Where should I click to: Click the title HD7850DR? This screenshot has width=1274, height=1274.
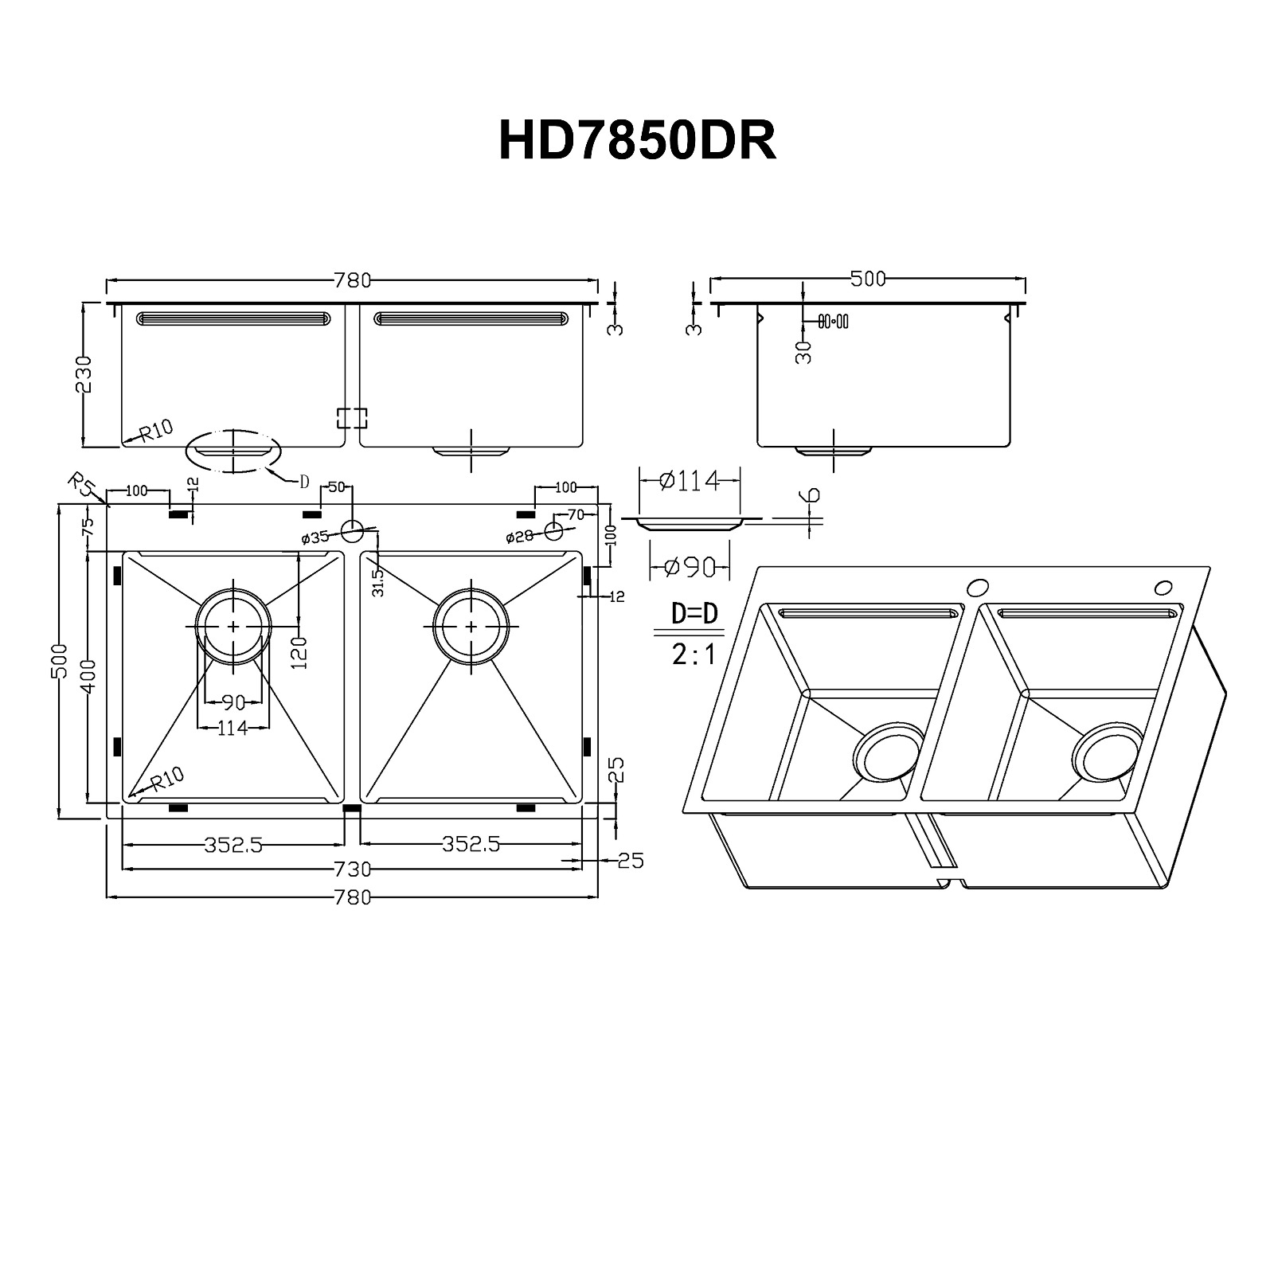point(637,142)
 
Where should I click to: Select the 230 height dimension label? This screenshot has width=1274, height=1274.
point(84,374)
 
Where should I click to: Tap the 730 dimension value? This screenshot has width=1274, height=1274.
point(354,868)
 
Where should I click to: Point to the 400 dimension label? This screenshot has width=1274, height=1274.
point(88,676)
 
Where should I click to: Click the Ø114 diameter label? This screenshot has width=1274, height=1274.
point(690,481)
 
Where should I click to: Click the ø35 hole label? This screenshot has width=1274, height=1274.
point(316,538)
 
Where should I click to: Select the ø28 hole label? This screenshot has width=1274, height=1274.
point(520,537)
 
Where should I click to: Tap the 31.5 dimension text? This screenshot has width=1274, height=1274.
point(378,582)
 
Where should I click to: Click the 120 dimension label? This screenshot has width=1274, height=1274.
point(299,653)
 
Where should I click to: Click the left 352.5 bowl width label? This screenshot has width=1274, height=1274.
point(233,845)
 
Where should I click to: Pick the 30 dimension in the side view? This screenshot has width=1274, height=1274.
point(804,351)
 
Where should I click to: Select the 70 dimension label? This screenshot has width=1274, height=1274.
point(576,514)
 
